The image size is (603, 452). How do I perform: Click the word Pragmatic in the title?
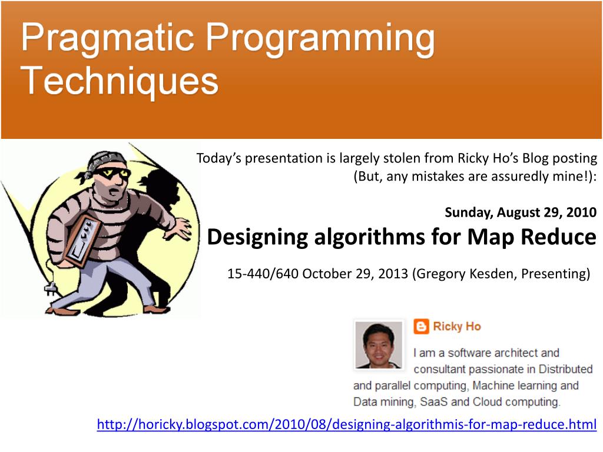107,39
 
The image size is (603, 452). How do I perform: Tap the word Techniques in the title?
120,80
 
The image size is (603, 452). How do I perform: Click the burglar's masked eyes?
112,173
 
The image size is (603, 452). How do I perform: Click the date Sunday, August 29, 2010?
521,212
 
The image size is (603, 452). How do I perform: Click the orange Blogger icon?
421,327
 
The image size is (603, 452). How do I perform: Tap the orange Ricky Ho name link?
457,326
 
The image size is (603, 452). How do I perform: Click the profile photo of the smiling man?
379,345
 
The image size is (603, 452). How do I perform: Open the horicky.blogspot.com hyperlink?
347,424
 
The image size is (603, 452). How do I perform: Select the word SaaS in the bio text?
433,401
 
